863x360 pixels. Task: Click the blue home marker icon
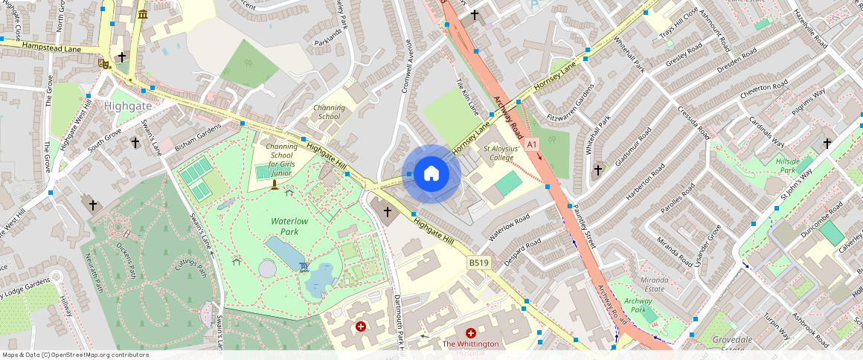pyautogui.click(x=431, y=174)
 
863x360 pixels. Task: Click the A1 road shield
pyautogui.click(x=531, y=144)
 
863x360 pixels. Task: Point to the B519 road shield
pyautogui.click(x=479, y=263)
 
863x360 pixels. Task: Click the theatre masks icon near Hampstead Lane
pyautogui.click(x=103, y=65)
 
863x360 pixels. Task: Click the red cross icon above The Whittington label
pyautogui.click(x=470, y=334)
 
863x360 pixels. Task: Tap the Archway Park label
pyautogui.click(x=638, y=306)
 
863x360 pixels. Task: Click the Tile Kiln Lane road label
pyautogui.click(x=468, y=97)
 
